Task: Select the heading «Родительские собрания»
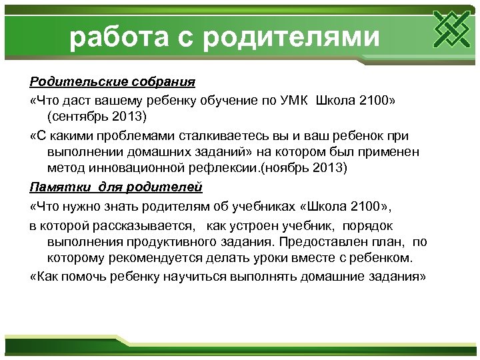tap(112, 82)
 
